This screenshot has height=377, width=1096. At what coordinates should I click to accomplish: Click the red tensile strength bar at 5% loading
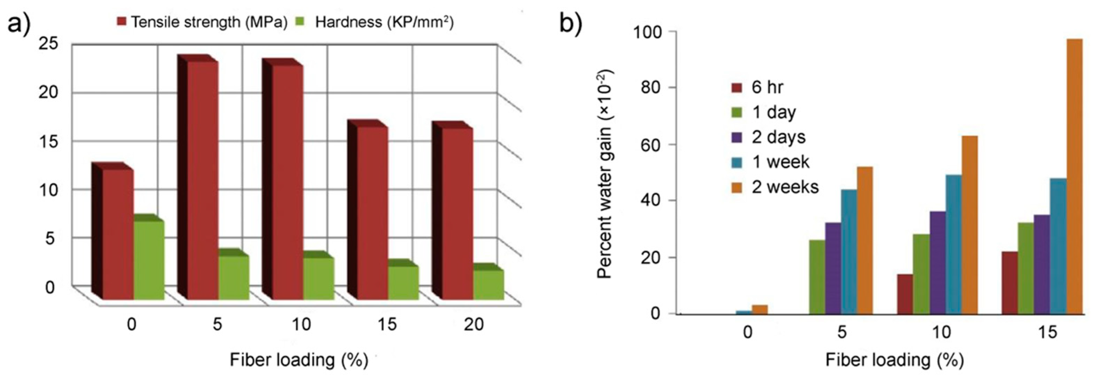(203, 179)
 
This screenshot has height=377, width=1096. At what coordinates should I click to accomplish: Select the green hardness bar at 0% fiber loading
(149, 260)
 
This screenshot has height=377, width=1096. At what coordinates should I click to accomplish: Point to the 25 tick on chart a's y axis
(48, 44)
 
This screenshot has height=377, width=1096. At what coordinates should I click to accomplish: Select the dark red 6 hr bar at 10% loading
(905, 300)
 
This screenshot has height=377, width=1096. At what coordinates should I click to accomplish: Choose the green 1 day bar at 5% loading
(817, 277)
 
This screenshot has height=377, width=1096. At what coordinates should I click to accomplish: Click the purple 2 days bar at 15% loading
(1042, 264)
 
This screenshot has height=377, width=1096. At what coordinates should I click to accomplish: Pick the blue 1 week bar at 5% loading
(849, 251)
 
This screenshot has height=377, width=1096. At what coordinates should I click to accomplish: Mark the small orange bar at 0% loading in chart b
(760, 309)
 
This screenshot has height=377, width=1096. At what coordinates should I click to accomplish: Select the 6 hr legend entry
(757, 87)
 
